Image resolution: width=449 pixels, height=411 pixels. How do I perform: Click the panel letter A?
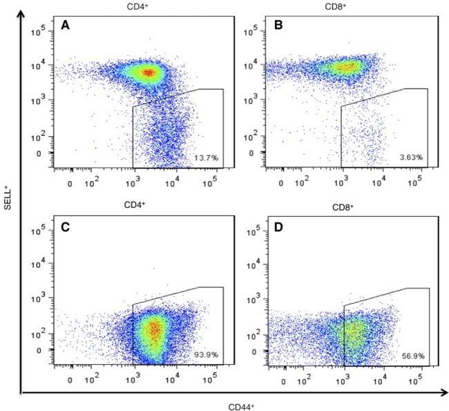[66, 26]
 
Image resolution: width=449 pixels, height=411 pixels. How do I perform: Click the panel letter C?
[66, 229]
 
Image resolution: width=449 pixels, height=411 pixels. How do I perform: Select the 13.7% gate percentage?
[206, 158]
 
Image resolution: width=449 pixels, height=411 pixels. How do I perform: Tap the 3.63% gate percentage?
[412, 158]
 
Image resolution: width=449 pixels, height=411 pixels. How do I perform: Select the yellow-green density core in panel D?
[355, 334]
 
